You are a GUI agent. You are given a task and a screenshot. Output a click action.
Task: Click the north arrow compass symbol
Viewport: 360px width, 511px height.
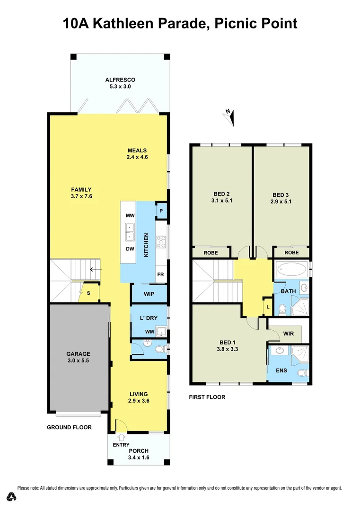click(230, 116)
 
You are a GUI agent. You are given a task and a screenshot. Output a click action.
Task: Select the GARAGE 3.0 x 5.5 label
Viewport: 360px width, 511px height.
click(78, 357)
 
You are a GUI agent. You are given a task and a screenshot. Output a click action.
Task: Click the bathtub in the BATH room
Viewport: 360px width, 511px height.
click(290, 271)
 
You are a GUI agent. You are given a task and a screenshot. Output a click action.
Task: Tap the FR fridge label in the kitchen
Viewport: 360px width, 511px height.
click(160, 274)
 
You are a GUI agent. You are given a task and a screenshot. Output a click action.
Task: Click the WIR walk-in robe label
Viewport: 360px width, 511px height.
click(288, 334)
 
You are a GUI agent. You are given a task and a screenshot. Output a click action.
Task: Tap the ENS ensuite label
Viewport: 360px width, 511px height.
click(281, 370)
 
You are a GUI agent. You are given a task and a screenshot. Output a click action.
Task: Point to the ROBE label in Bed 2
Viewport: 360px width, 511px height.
click(211, 253)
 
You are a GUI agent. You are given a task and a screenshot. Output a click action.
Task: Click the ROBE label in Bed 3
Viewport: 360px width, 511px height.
click(291, 253)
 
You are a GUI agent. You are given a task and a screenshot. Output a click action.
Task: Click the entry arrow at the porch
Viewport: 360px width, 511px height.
click(122, 437)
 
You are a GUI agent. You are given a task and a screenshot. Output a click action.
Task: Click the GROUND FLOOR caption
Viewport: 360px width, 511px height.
click(69, 427)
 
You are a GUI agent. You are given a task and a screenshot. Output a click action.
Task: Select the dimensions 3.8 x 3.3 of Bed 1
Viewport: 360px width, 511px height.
click(228, 350)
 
